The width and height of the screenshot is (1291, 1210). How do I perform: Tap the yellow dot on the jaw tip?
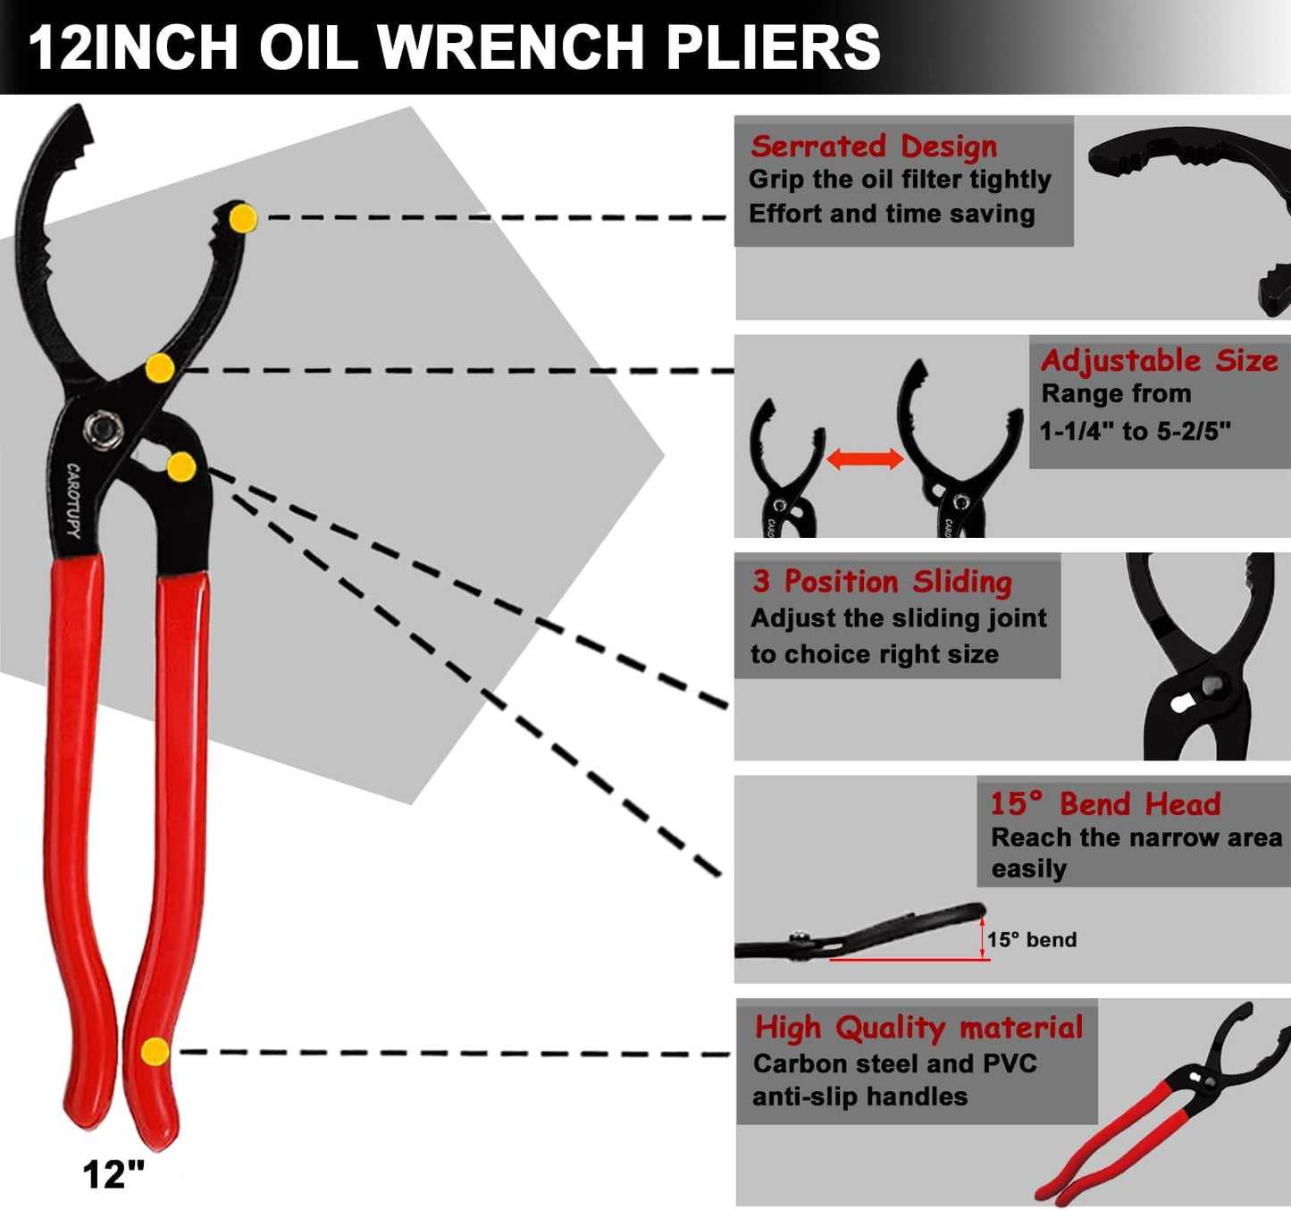pos(243,218)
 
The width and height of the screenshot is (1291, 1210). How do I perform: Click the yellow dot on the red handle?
pos(155,1051)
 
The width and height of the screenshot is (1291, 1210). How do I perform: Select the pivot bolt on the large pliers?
pos(104,430)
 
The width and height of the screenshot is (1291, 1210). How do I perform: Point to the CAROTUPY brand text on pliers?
pos(73,500)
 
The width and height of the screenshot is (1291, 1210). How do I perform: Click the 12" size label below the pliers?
pos(113,1174)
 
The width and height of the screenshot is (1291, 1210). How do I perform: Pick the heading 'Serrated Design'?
pos(873,146)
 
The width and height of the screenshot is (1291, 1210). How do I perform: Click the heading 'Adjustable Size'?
pos(1159,360)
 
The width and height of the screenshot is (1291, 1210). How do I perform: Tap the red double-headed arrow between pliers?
pos(865,459)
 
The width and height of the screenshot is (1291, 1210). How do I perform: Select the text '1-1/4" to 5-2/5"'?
pos(1135,432)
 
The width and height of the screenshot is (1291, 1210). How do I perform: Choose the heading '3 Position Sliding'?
pos(882,582)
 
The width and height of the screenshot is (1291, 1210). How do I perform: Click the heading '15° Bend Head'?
pos(1104,803)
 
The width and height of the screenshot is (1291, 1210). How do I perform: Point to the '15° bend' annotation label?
pos(1032,939)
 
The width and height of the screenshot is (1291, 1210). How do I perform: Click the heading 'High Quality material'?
pos(918,1028)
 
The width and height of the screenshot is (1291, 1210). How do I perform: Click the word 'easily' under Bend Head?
pos(1028,869)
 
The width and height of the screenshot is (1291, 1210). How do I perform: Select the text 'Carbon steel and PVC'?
pos(894,1063)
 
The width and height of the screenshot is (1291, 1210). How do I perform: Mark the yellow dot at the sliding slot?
pos(181,466)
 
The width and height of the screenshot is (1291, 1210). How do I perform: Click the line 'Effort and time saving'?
pos(892,214)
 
